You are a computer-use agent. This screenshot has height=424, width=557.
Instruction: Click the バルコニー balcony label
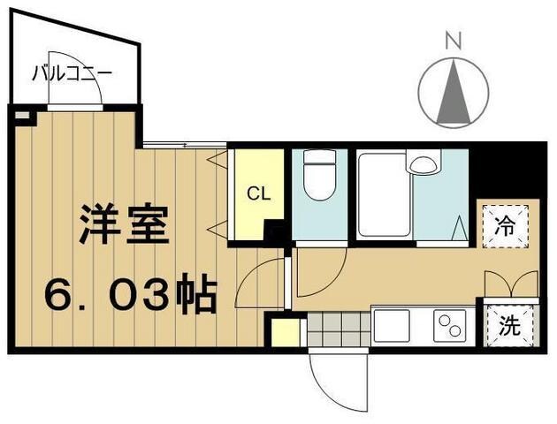tap(72, 72)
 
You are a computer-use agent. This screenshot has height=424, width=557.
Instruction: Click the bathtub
tap(384, 194)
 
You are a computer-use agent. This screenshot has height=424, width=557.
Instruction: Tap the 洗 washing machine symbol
tap(508, 324)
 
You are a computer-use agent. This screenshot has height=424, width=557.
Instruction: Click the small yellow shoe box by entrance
tap(285, 332)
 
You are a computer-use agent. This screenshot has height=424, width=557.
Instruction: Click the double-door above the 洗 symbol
tap(511, 285)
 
